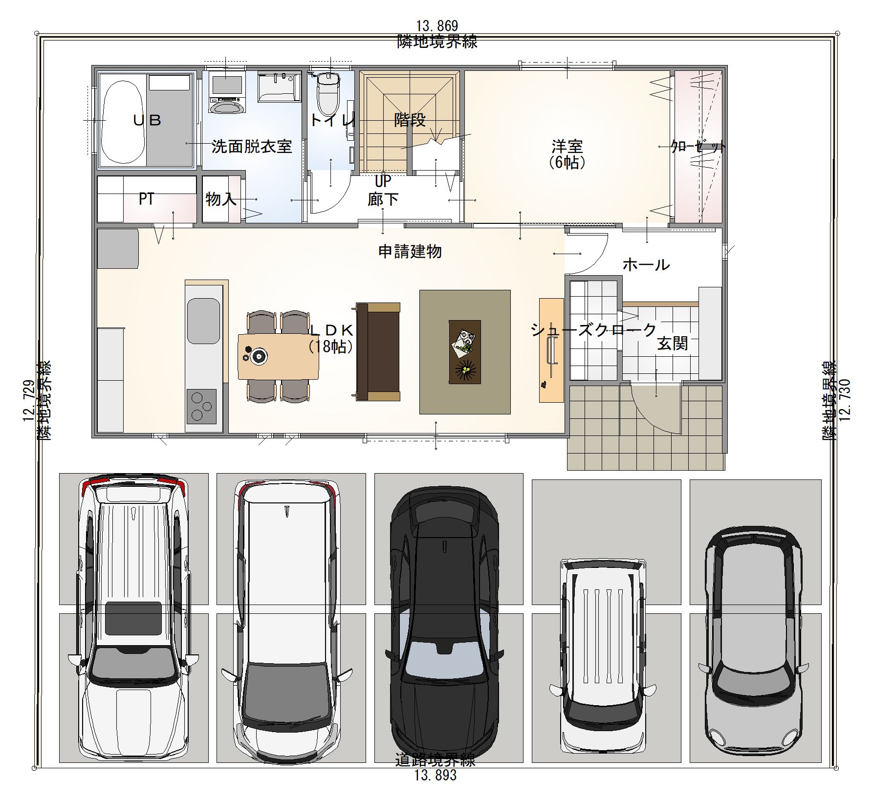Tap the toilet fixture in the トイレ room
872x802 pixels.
click(x=328, y=94)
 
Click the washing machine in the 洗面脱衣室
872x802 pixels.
click(x=226, y=93)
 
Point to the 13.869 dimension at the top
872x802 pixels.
click(x=437, y=25)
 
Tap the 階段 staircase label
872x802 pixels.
click(x=410, y=120)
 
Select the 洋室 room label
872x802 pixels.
click(x=567, y=146)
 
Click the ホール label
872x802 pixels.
click(x=646, y=265)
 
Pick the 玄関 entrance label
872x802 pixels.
click(x=673, y=343)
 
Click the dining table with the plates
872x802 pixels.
click(x=278, y=356)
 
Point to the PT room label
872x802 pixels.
click(x=147, y=199)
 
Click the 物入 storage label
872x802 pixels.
click(x=221, y=199)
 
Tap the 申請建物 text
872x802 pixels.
click(x=410, y=252)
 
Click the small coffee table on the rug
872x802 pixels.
click(x=464, y=352)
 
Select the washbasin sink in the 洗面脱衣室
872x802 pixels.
click(x=278, y=87)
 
